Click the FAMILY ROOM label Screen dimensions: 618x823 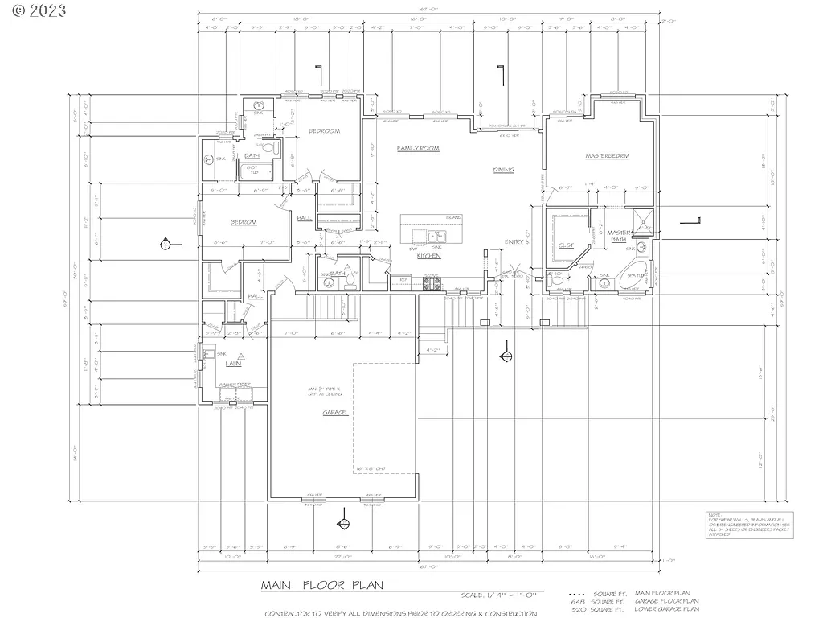[417, 149]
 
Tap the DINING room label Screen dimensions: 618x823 [503, 170]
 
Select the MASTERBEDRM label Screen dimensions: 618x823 [607, 155]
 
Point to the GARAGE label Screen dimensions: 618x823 [334, 412]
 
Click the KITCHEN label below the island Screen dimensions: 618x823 [428, 256]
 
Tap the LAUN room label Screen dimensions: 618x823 [233, 364]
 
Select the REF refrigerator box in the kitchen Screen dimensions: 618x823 [402, 280]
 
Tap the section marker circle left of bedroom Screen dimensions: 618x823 [166, 243]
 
